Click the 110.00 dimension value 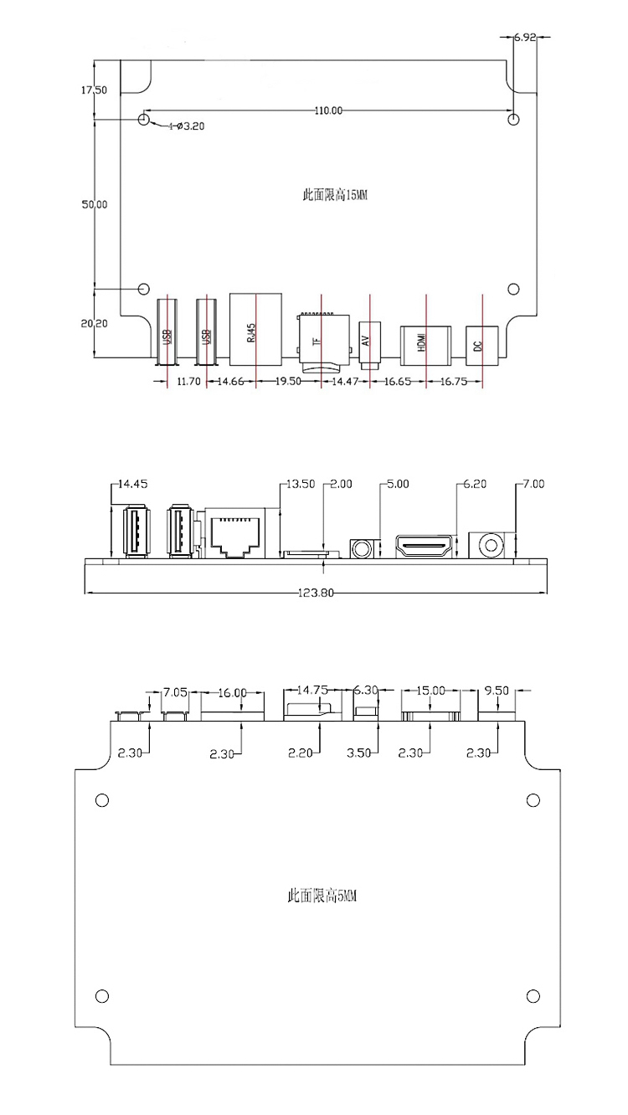pyautogui.click(x=328, y=110)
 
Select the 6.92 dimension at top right pyautogui.click(x=525, y=37)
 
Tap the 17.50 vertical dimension pyautogui.click(x=94, y=90)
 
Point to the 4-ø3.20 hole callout pyautogui.click(x=186, y=126)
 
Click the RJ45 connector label pyautogui.click(x=251, y=332)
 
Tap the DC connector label pyautogui.click(x=477, y=346)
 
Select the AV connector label pyautogui.click(x=366, y=341)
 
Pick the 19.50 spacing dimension pyautogui.click(x=288, y=381)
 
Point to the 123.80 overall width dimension pyautogui.click(x=316, y=593)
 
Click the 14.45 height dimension pyautogui.click(x=133, y=484)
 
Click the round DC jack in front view pyautogui.click(x=491, y=546)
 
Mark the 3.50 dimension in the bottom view pyautogui.click(x=358, y=753)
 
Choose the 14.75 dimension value pyautogui.click(x=312, y=690)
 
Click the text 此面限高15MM pyautogui.click(x=335, y=195)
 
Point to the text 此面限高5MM pyautogui.click(x=322, y=897)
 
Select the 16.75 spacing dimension pyautogui.click(x=454, y=381)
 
